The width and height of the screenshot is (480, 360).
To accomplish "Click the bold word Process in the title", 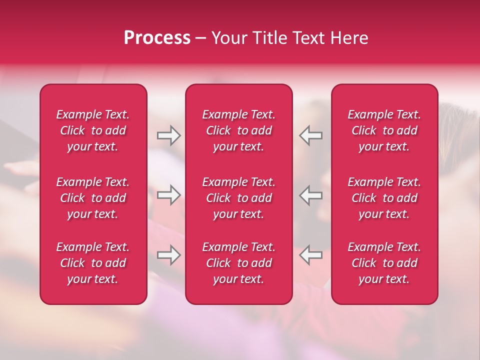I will coord(157,38).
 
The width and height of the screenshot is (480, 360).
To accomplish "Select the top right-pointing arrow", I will coord(168,135).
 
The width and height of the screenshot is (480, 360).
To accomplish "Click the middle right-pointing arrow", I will coord(168,195).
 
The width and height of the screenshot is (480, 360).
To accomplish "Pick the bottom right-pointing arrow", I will coord(168,255).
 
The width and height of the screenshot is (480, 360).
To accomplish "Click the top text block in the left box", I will coord(93,130).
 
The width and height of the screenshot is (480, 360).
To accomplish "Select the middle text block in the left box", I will coord(93,198).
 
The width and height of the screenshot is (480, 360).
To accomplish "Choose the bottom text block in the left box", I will coord(93,263).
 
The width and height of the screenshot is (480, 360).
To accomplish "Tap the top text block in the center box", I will coord(238,130).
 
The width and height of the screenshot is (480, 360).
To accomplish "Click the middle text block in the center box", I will coord(238,198).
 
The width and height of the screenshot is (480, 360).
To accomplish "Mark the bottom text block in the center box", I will coord(238,263).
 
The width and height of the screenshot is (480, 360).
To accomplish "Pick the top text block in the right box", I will coord(384,130).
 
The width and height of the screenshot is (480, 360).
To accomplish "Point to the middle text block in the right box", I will coord(384,198).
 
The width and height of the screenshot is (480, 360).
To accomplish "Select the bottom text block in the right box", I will coord(384,263).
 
